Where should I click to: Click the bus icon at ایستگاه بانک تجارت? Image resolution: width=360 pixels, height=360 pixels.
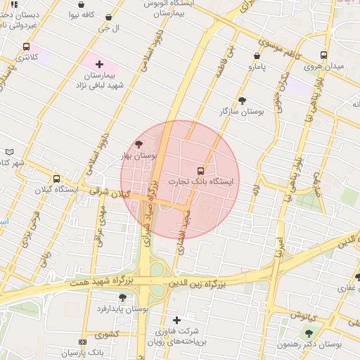pos(201,171)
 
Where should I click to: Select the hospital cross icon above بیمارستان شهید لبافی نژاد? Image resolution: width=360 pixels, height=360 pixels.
pos(99,65)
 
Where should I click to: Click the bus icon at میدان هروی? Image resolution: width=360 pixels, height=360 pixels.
pos(323,55)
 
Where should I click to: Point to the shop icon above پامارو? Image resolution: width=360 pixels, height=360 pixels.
pos(256,55)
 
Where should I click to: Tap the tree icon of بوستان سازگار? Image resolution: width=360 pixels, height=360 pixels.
pos(243,101)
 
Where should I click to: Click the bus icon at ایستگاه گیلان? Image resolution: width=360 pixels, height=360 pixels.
pos(57,179)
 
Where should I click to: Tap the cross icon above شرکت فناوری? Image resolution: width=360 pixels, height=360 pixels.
pos(176,320)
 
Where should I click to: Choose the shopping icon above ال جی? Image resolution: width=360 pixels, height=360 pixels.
pos(108,18)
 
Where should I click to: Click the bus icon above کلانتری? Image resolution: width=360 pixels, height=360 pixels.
pos(26,46)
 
